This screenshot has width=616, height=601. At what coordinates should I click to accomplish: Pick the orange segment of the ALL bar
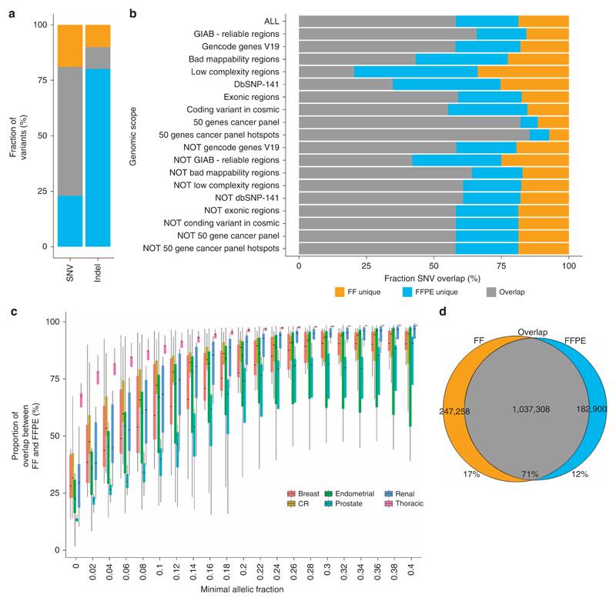pos(544,21)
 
